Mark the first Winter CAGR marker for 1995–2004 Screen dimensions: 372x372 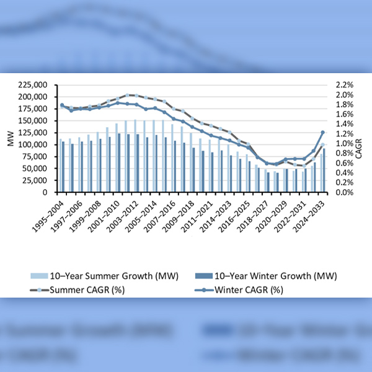(62, 105)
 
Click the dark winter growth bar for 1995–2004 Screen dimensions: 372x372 (63, 167)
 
